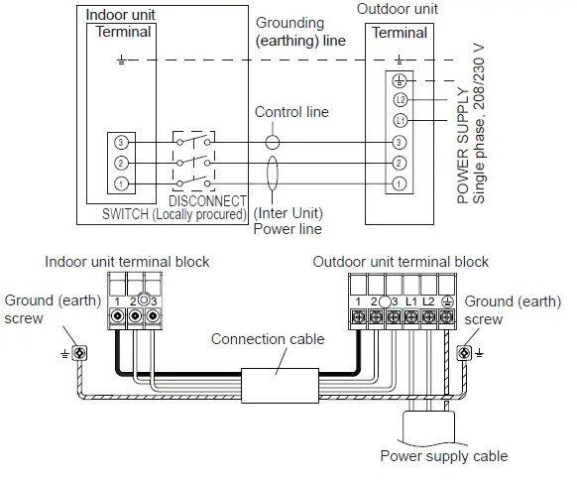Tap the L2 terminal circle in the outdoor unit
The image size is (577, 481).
(x=401, y=100)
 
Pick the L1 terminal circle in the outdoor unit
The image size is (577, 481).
(x=401, y=121)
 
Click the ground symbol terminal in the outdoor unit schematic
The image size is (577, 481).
(x=401, y=81)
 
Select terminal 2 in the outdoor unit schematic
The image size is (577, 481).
(x=401, y=163)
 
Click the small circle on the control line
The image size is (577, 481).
(x=274, y=143)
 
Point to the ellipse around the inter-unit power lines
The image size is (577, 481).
(x=274, y=174)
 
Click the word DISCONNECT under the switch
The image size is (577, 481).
(x=209, y=200)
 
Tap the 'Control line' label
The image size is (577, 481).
(x=291, y=112)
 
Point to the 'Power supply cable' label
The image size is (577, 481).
(x=444, y=456)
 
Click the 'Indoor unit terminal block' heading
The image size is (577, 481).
(x=127, y=262)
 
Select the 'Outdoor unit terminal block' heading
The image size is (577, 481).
(x=401, y=262)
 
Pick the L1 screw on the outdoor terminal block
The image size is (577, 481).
(x=409, y=316)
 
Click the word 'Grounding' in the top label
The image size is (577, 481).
(x=288, y=22)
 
